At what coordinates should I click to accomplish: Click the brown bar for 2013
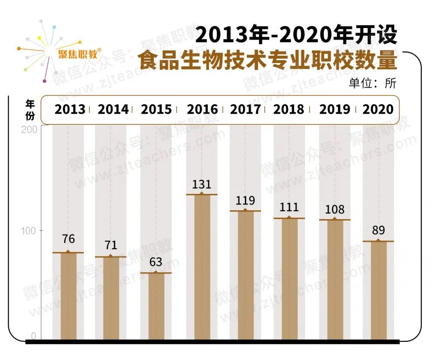(x=68, y=296)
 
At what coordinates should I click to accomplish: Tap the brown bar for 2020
(x=378, y=290)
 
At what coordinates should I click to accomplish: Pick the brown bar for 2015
(x=156, y=306)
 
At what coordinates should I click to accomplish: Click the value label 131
(x=201, y=185)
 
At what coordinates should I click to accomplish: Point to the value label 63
(x=156, y=262)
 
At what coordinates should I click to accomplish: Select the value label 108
(x=334, y=210)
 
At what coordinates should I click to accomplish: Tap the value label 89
(x=378, y=230)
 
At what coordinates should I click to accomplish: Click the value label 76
(x=68, y=239)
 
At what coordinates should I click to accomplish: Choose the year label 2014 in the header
(x=113, y=109)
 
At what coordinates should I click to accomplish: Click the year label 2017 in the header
(x=245, y=109)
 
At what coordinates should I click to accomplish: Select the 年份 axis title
(x=30, y=109)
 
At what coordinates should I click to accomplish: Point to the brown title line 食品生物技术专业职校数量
(x=267, y=61)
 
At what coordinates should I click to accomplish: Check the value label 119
(x=245, y=201)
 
